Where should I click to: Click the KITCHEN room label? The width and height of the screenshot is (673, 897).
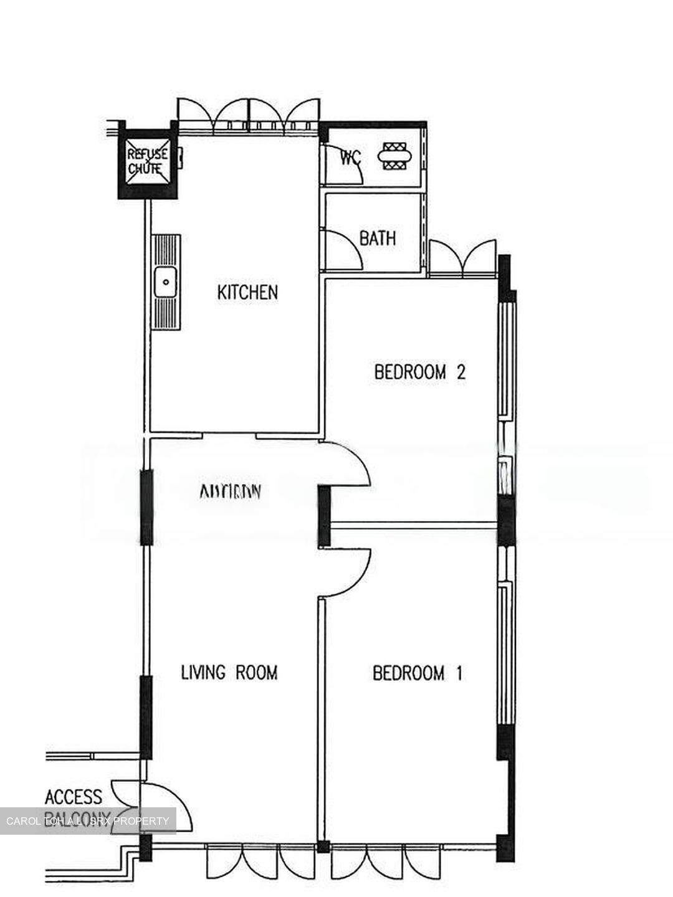[x=247, y=292]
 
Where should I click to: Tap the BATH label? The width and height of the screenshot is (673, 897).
[x=378, y=238]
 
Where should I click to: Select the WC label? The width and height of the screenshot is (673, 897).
[x=351, y=158]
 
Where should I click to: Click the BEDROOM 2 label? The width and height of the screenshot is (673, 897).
[x=420, y=373]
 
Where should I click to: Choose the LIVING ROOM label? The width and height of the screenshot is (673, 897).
[x=229, y=673]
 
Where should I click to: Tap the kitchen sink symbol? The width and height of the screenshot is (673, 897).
[x=166, y=282]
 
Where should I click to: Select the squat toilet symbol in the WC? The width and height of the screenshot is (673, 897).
[x=395, y=156]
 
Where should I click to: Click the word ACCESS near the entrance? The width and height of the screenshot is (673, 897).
[x=74, y=797]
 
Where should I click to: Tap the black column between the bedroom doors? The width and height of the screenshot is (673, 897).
[x=324, y=517]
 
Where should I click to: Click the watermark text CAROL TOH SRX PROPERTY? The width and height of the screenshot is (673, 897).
[x=87, y=821]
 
